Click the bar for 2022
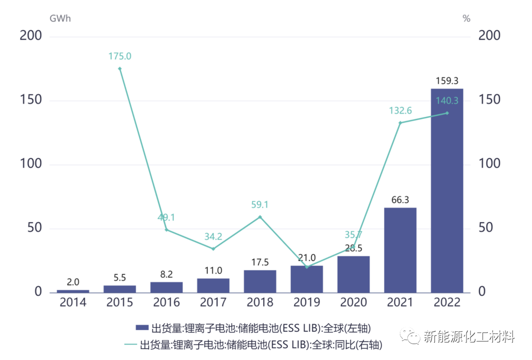446,190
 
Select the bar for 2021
400,250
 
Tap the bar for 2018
260,281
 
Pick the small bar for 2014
73,291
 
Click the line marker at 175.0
120,68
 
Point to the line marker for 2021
400,123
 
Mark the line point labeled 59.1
260,217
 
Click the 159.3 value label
447,80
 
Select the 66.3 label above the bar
400,199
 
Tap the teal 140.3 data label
447,100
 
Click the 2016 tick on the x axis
166,303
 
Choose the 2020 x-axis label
353,303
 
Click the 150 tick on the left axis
31,100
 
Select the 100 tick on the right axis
489,164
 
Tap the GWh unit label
60,18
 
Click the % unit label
466,18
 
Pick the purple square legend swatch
142,328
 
